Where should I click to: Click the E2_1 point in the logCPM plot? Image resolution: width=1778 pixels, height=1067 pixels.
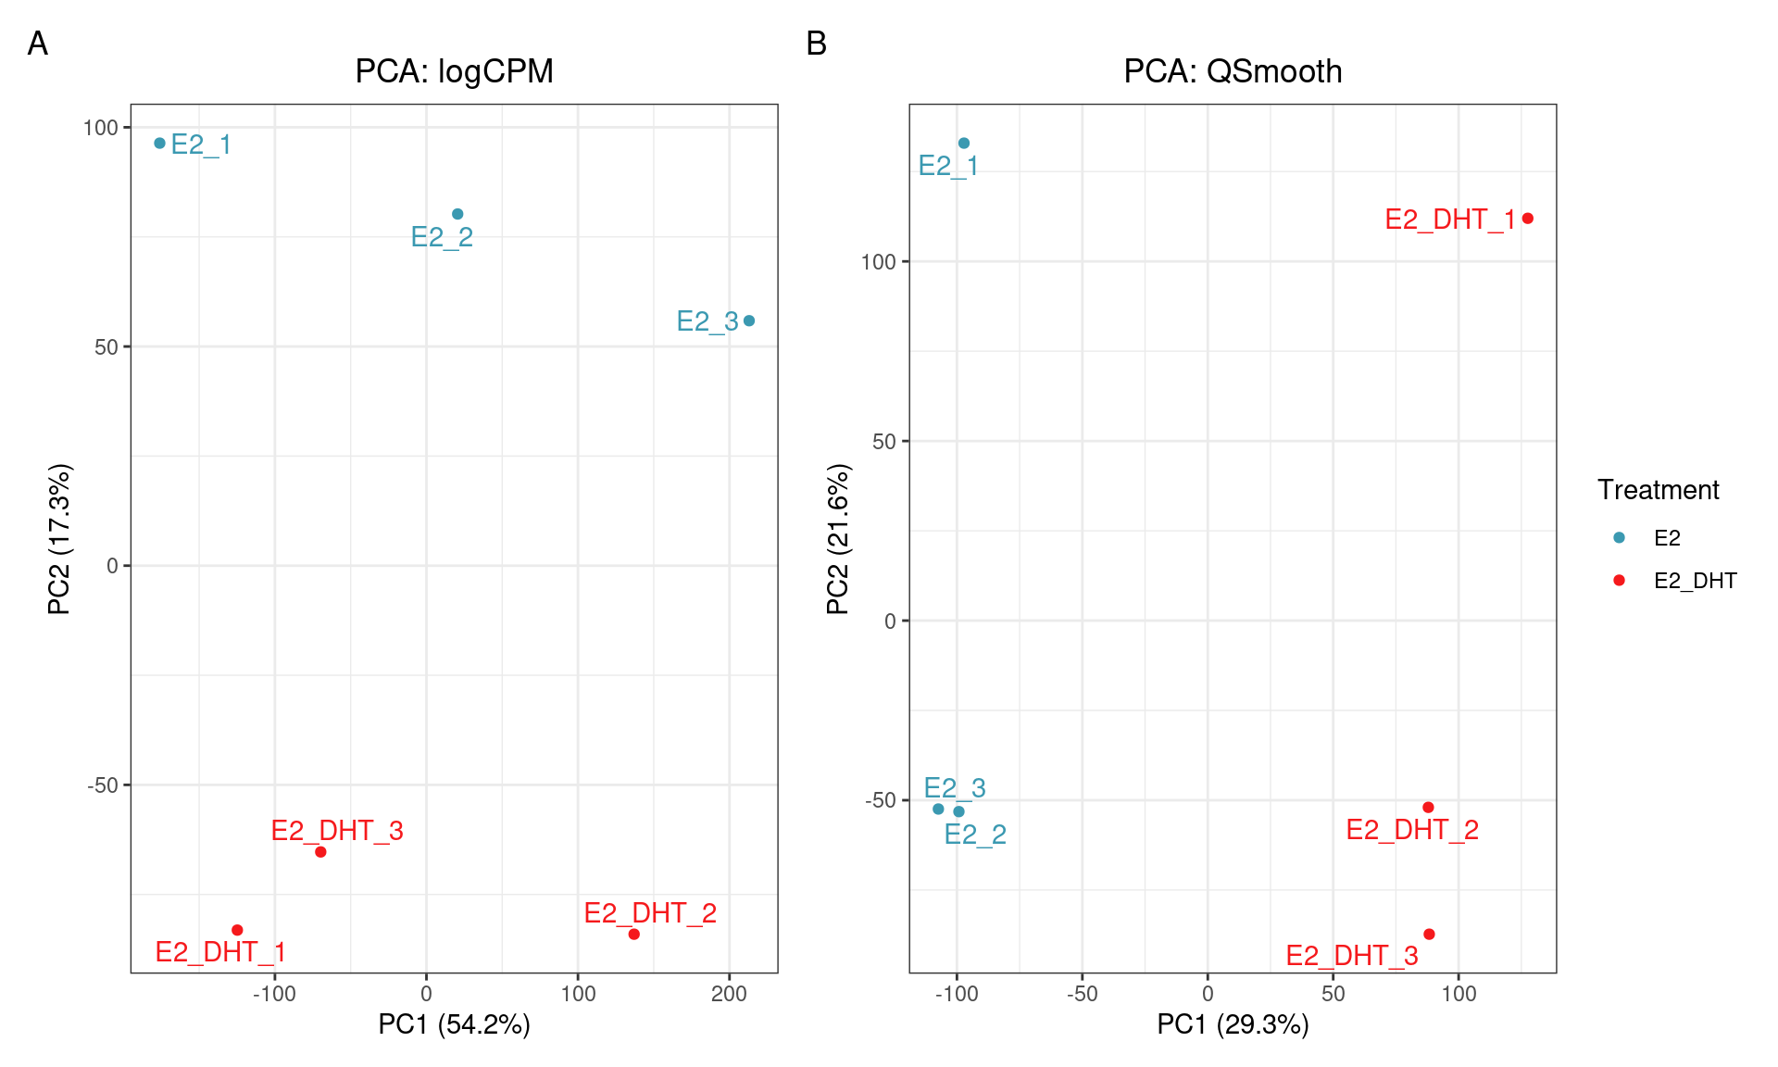160,144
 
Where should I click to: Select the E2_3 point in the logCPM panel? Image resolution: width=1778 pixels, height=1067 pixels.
749,320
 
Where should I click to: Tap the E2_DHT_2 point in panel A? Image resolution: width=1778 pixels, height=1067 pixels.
634,935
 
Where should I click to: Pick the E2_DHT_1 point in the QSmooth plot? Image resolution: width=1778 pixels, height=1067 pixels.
1528,219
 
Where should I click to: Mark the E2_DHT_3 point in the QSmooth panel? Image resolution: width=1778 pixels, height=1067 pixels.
1429,935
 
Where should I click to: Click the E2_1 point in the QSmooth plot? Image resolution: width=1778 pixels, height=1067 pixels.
964,144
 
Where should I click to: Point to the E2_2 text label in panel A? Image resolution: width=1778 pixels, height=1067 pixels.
442,237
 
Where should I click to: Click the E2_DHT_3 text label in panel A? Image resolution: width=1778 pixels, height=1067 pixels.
337,831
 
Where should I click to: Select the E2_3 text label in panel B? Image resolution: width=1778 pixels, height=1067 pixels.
955,788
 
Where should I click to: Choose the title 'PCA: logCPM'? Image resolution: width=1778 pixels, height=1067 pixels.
454,71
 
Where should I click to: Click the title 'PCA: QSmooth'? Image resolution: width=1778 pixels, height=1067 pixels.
1233,71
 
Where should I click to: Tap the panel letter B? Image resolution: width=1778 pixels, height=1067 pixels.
816,44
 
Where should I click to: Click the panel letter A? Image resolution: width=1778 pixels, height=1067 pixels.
38,44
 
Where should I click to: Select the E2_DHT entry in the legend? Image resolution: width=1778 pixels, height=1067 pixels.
1695,581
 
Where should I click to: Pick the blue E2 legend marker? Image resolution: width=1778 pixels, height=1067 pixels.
1619,537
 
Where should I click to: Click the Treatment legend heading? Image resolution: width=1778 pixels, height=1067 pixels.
1658,490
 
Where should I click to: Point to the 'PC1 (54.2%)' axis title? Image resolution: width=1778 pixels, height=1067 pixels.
454,1024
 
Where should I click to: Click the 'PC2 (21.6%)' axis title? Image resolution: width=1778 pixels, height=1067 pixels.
838,539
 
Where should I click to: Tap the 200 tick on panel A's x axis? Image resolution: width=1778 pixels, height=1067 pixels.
729,994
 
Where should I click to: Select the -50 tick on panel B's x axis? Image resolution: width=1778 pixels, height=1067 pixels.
1082,994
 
